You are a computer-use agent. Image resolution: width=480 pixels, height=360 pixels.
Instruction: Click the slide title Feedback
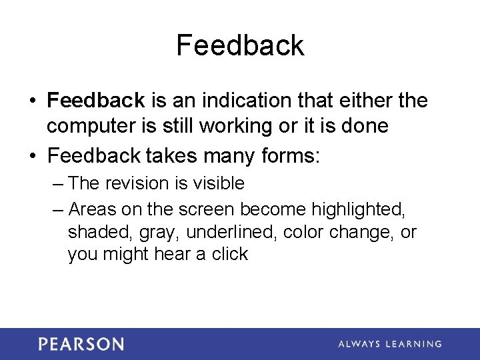[240, 46]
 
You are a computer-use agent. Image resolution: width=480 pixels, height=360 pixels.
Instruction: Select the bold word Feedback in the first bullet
[96, 101]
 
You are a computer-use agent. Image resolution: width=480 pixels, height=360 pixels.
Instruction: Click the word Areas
[93, 209]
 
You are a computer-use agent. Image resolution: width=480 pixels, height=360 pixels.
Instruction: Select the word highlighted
[358, 209]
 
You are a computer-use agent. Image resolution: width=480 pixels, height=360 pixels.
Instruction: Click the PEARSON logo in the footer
[81, 344]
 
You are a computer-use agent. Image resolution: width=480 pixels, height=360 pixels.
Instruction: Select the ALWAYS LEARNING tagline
[389, 344]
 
